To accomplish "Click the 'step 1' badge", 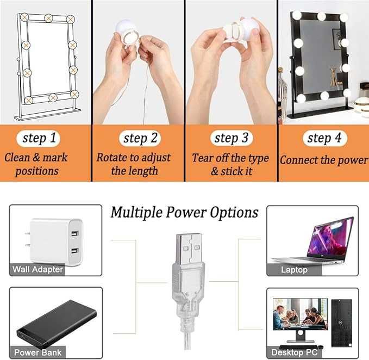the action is [x=39, y=138].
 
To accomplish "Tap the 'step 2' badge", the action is [x=140, y=138].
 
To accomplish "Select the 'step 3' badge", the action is [x=232, y=138].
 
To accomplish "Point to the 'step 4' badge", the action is [x=325, y=138].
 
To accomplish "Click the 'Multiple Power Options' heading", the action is [x=185, y=213].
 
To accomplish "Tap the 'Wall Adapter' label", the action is [x=37, y=269].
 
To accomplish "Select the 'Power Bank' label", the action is [x=37, y=352].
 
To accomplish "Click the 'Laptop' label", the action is [x=294, y=269].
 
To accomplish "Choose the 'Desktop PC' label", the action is [x=295, y=352].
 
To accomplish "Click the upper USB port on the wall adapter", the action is [x=74, y=234].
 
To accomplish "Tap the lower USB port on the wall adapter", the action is [x=74, y=251].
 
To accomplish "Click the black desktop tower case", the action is [x=342, y=323].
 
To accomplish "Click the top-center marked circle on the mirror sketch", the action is [x=48, y=18].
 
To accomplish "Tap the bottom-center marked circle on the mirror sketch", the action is [x=53, y=97].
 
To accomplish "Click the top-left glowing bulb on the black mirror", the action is [x=296, y=15].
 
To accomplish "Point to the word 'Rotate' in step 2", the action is [x=111, y=157].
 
